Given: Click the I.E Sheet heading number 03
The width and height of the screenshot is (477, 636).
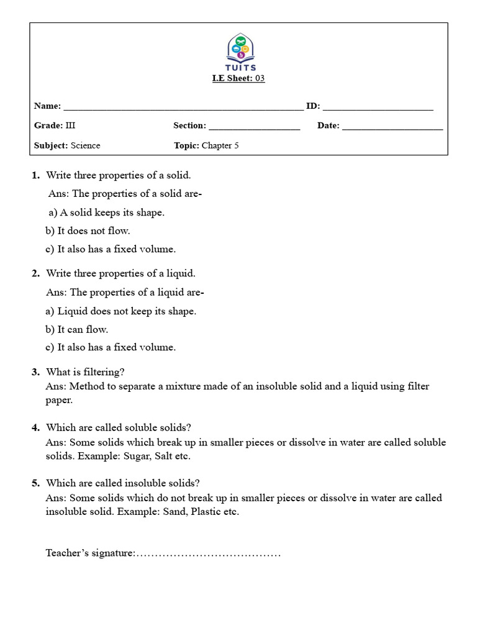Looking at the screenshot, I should point(260,78).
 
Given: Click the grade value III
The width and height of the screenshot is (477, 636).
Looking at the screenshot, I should point(70,125).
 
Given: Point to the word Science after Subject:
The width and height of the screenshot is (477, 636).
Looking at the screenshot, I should point(85,145).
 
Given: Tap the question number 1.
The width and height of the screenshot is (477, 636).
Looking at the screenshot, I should point(35,175).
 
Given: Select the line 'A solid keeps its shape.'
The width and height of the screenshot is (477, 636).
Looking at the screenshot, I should point(106,212).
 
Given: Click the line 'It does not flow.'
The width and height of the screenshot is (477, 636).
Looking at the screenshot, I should point(88,230).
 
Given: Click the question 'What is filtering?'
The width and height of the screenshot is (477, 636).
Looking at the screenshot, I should point(85,372).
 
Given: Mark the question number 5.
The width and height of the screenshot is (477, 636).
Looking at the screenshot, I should point(35,483).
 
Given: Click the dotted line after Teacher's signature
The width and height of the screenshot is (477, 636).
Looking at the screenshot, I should point(208,553).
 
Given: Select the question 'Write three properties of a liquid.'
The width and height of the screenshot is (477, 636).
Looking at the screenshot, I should point(120,273).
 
